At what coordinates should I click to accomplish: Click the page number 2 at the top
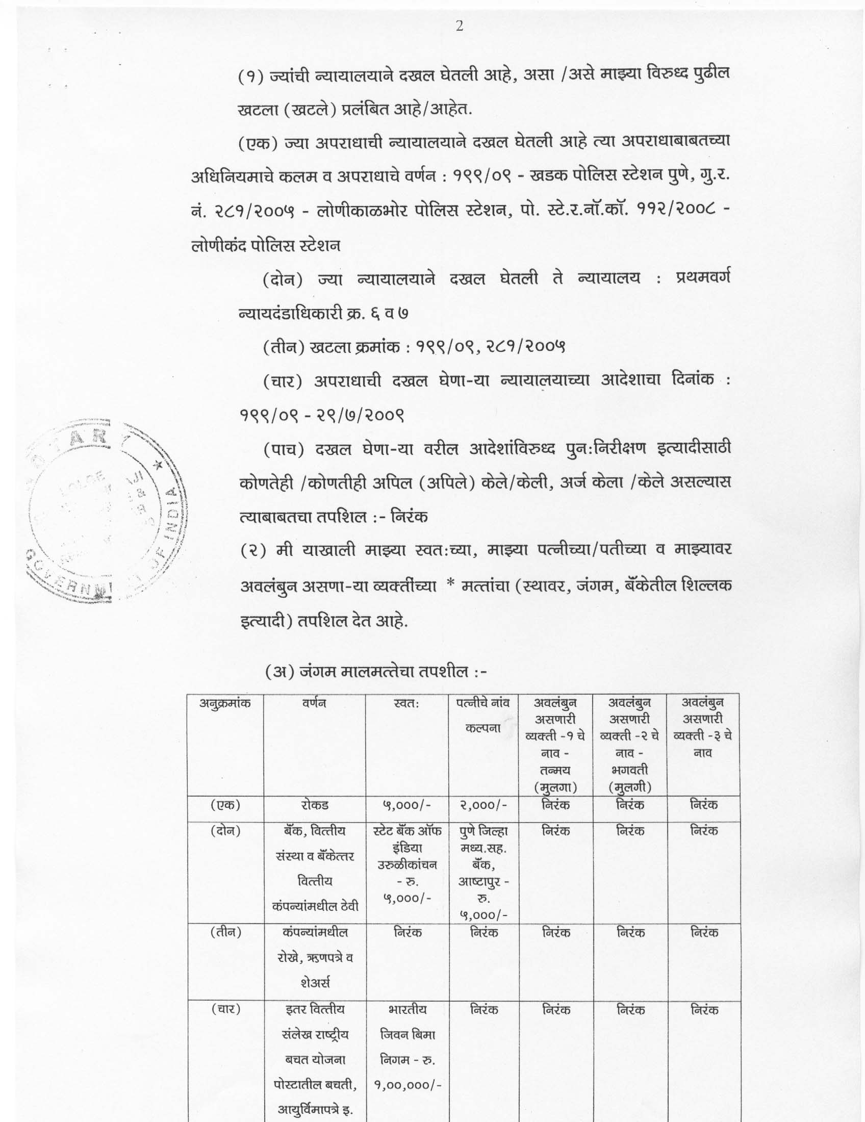[x=459, y=27]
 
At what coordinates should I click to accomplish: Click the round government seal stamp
[x=105, y=510]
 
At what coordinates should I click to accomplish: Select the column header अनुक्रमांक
[x=225, y=703]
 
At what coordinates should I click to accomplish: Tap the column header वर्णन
[x=314, y=703]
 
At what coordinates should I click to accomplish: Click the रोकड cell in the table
[x=314, y=805]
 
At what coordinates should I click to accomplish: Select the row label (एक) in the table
[x=225, y=805]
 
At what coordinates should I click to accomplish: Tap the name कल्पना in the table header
[x=483, y=728]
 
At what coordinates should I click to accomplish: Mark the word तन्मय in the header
[x=555, y=770]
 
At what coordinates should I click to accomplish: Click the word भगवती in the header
[x=629, y=770]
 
